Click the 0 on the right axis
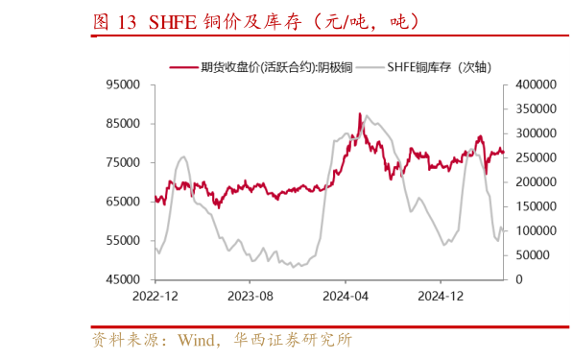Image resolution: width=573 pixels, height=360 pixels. [x=518, y=279]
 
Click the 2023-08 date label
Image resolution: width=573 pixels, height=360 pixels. [x=249, y=297]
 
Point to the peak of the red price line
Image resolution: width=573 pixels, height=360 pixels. [x=360, y=113]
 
